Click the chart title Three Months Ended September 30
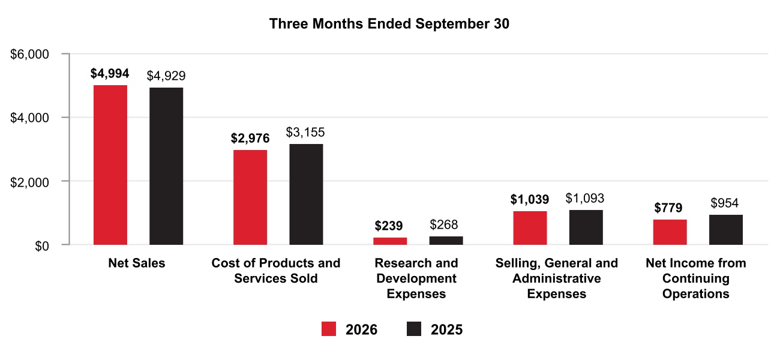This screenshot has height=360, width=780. coord(389,24)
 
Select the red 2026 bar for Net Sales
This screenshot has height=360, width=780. coord(110,165)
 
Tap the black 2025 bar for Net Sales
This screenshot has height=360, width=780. coord(166,166)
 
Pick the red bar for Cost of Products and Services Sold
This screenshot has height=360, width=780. coord(250,197)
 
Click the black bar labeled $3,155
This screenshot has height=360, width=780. coord(306,194)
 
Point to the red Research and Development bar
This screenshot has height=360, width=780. coord(390,241)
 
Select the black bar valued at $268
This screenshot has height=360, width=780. coord(446,241)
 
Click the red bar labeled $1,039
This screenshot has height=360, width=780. coord(530,228)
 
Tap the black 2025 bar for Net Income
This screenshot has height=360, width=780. coord(726,230)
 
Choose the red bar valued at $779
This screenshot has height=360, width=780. coord(670,232)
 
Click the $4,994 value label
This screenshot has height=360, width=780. coord(110,73)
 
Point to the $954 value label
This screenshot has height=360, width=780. coord(725,203)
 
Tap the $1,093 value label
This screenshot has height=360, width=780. coord(585,199)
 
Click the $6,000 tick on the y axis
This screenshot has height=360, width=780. coord(29,55)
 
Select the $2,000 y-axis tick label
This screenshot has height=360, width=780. coord(29,182)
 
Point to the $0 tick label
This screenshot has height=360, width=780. coord(42,246)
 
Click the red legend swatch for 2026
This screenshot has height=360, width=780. coord(329,329)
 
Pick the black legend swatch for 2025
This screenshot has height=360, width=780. coord(414,329)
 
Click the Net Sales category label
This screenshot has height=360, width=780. coord(137,263)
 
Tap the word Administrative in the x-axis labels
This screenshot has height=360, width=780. coord(556,278)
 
